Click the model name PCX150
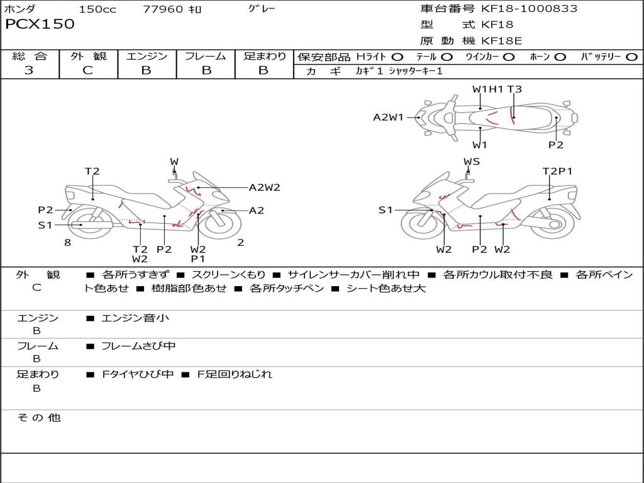pos(40,25)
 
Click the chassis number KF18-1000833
pos(529,9)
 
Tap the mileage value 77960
pos(163,9)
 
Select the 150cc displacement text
pos(97,9)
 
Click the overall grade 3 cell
pos(29,70)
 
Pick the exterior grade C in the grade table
pos(87,70)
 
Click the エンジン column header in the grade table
pos(147,56)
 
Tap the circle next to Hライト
pos(397,57)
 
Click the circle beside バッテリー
pos(631,57)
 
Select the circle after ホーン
pos(560,57)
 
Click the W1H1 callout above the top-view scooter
pos(488,89)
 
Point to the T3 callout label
pos(514,89)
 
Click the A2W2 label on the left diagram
pos(264,187)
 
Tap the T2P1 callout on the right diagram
pos(557,171)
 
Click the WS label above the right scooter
pos(472,162)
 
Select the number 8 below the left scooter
pos(67,243)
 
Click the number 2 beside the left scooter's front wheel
pos(241,243)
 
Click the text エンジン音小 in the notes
pos(135,318)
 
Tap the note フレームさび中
pos(138,346)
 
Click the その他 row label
pos(38,418)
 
